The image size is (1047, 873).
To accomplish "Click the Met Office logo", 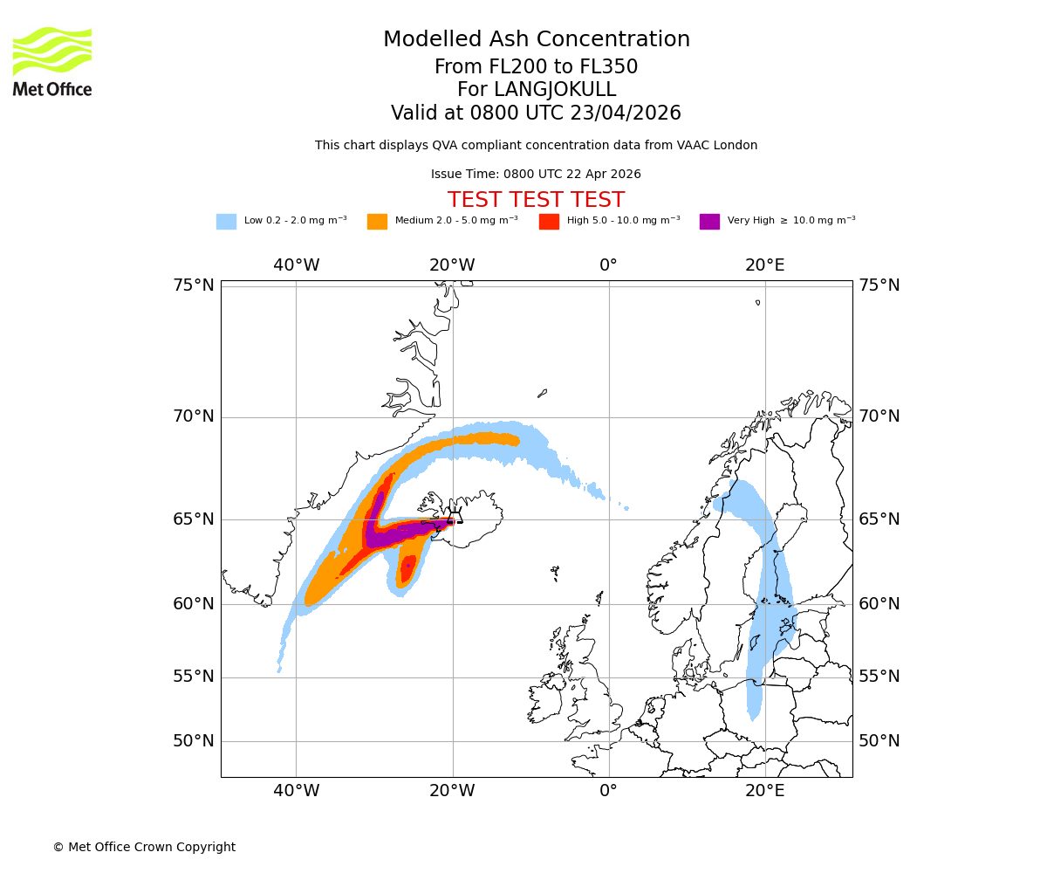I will (52, 61).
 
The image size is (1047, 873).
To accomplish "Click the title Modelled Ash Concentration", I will (536, 39).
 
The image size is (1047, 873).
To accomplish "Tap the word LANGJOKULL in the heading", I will (536, 90).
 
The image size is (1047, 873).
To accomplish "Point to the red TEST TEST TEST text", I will (536, 200).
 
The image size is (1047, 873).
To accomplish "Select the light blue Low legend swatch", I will (226, 222).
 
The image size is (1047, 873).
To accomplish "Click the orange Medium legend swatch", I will (377, 222).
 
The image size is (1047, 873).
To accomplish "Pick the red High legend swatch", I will (549, 222).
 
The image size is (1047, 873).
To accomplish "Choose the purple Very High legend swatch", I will (709, 222).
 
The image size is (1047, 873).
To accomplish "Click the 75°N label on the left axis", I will (193, 285).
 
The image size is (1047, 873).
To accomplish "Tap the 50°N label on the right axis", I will (879, 741).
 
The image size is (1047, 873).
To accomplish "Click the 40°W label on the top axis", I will (296, 265).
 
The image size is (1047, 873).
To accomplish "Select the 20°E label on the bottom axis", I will (765, 791).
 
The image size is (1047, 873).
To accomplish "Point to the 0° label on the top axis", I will (608, 265).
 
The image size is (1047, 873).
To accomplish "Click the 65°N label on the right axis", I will (879, 519).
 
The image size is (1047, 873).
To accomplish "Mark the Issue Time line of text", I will (536, 175).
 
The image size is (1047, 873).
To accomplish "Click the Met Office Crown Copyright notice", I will (144, 847).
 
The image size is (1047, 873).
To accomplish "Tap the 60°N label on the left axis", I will (193, 604).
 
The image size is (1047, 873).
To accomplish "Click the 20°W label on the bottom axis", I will (452, 791).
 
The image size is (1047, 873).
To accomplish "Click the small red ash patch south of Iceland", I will (407, 568).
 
